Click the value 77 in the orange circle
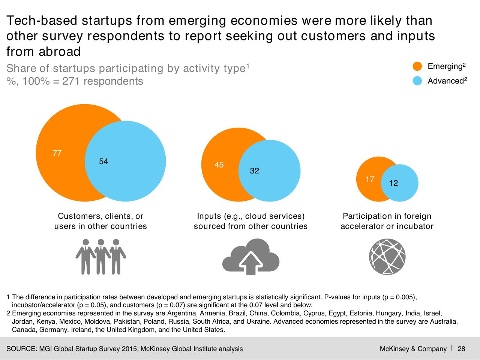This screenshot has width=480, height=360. click(57, 153)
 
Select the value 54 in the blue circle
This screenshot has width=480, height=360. click(103, 161)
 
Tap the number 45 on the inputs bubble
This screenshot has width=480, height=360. click(219, 165)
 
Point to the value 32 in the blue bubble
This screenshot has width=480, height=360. click(255, 170)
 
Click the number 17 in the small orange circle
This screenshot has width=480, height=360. click(370, 179)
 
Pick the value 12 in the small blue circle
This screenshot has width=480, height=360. click(393, 183)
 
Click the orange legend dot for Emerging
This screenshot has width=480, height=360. click(417, 66)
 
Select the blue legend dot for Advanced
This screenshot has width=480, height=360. click(417, 81)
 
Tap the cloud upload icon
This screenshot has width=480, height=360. click(251, 257)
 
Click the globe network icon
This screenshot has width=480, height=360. click(387, 257)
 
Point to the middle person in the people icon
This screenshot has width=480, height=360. click(101, 257)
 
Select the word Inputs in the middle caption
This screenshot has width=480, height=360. click(209, 216)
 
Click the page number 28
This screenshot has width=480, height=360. click(461, 349)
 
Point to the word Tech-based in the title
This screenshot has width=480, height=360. click(42, 21)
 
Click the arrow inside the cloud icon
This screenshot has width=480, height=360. click(251, 263)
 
